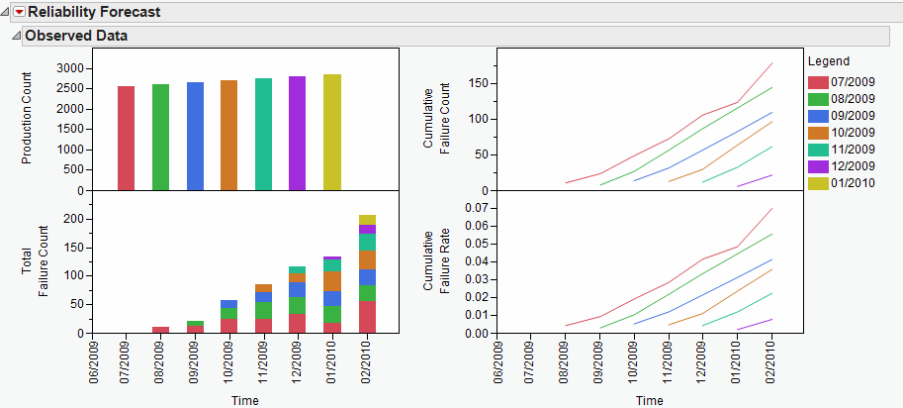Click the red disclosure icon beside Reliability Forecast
click(18, 12)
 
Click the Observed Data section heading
click(75, 36)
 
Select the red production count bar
click(126, 138)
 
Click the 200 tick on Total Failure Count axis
click(71, 220)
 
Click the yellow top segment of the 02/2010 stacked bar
click(366, 220)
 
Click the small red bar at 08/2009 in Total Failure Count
click(160, 330)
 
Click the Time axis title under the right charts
click(649, 400)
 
